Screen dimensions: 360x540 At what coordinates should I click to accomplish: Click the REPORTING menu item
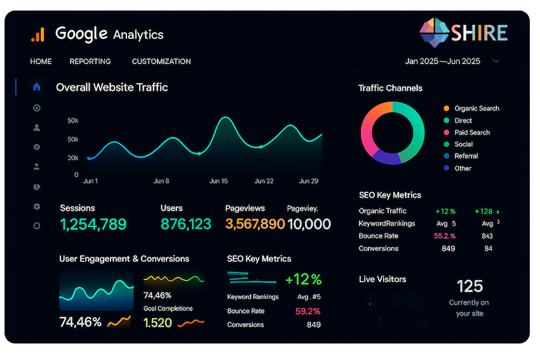90,62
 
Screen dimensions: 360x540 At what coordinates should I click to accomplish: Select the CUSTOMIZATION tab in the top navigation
161,62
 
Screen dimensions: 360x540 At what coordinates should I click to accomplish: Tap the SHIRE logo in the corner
464,32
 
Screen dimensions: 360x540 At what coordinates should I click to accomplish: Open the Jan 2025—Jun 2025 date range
443,62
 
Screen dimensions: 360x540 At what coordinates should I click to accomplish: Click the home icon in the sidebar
37,87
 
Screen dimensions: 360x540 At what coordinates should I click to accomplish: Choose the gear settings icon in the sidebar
37,206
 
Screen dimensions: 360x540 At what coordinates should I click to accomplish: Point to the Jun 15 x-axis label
219,181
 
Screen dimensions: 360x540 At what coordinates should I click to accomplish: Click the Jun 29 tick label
308,181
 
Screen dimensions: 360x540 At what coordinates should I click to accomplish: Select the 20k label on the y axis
73,157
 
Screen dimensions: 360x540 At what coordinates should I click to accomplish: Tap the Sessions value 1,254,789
93,224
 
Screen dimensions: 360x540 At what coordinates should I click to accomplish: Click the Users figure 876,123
186,224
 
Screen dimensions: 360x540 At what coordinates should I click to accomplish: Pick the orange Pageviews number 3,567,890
255,224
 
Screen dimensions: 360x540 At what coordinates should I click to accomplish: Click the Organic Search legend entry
476,109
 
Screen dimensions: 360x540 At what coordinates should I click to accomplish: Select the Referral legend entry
466,156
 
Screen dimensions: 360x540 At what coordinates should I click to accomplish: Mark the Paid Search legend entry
472,133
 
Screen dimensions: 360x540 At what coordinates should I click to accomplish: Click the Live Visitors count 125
469,286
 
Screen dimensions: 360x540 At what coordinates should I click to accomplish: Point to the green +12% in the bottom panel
303,279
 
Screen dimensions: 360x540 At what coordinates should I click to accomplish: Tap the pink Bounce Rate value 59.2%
307,311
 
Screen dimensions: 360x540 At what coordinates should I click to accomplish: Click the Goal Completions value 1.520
158,323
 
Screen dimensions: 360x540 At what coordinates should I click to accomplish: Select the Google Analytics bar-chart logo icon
37,34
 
